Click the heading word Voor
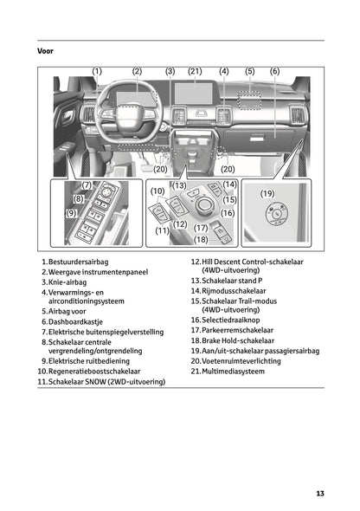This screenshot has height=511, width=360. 46,50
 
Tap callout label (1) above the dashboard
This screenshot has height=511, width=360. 97,71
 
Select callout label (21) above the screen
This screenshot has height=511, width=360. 195,71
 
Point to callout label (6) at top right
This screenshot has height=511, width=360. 274,71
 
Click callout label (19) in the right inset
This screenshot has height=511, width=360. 267,194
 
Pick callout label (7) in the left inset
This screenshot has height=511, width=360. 87,185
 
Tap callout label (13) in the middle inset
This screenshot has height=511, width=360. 179,185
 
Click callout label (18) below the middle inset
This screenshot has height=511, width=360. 201,239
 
